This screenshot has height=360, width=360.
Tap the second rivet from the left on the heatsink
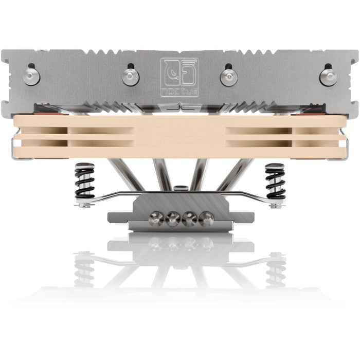pyautogui.click(x=131, y=77)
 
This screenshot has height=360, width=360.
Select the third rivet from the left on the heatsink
pyautogui.click(x=229, y=77)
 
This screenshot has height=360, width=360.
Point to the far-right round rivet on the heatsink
pyautogui.click(x=328, y=77)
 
